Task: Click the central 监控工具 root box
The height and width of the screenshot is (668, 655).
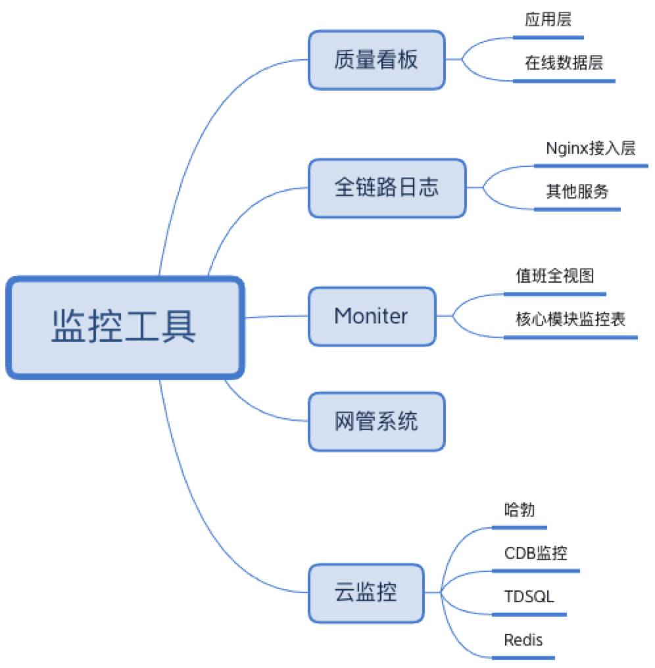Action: [x=125, y=327]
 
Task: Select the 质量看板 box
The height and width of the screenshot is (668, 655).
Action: [x=376, y=60]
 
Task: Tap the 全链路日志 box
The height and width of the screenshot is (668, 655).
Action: [x=387, y=188]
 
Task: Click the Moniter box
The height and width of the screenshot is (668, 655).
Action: [x=372, y=316]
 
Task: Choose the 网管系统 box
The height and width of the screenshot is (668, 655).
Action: [x=376, y=421]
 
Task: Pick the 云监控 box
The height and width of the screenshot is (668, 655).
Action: [x=366, y=593]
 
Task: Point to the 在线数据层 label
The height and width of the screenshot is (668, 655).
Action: [x=564, y=63]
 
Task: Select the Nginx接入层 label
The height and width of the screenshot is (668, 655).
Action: [x=591, y=148]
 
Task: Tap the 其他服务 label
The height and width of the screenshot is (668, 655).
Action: [x=577, y=191]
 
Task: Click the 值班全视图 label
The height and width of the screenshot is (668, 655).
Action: [x=554, y=275]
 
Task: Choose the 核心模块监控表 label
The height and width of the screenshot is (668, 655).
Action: [x=570, y=320]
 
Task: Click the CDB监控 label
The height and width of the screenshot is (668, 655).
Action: [x=535, y=553]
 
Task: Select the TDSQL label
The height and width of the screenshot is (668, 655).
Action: [x=529, y=596]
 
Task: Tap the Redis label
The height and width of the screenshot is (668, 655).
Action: [x=523, y=639]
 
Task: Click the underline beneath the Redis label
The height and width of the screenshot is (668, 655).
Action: [x=523, y=657]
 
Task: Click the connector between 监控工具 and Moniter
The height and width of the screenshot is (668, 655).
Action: [x=276, y=317]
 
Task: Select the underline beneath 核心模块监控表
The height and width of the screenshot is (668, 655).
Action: [x=571, y=337]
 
